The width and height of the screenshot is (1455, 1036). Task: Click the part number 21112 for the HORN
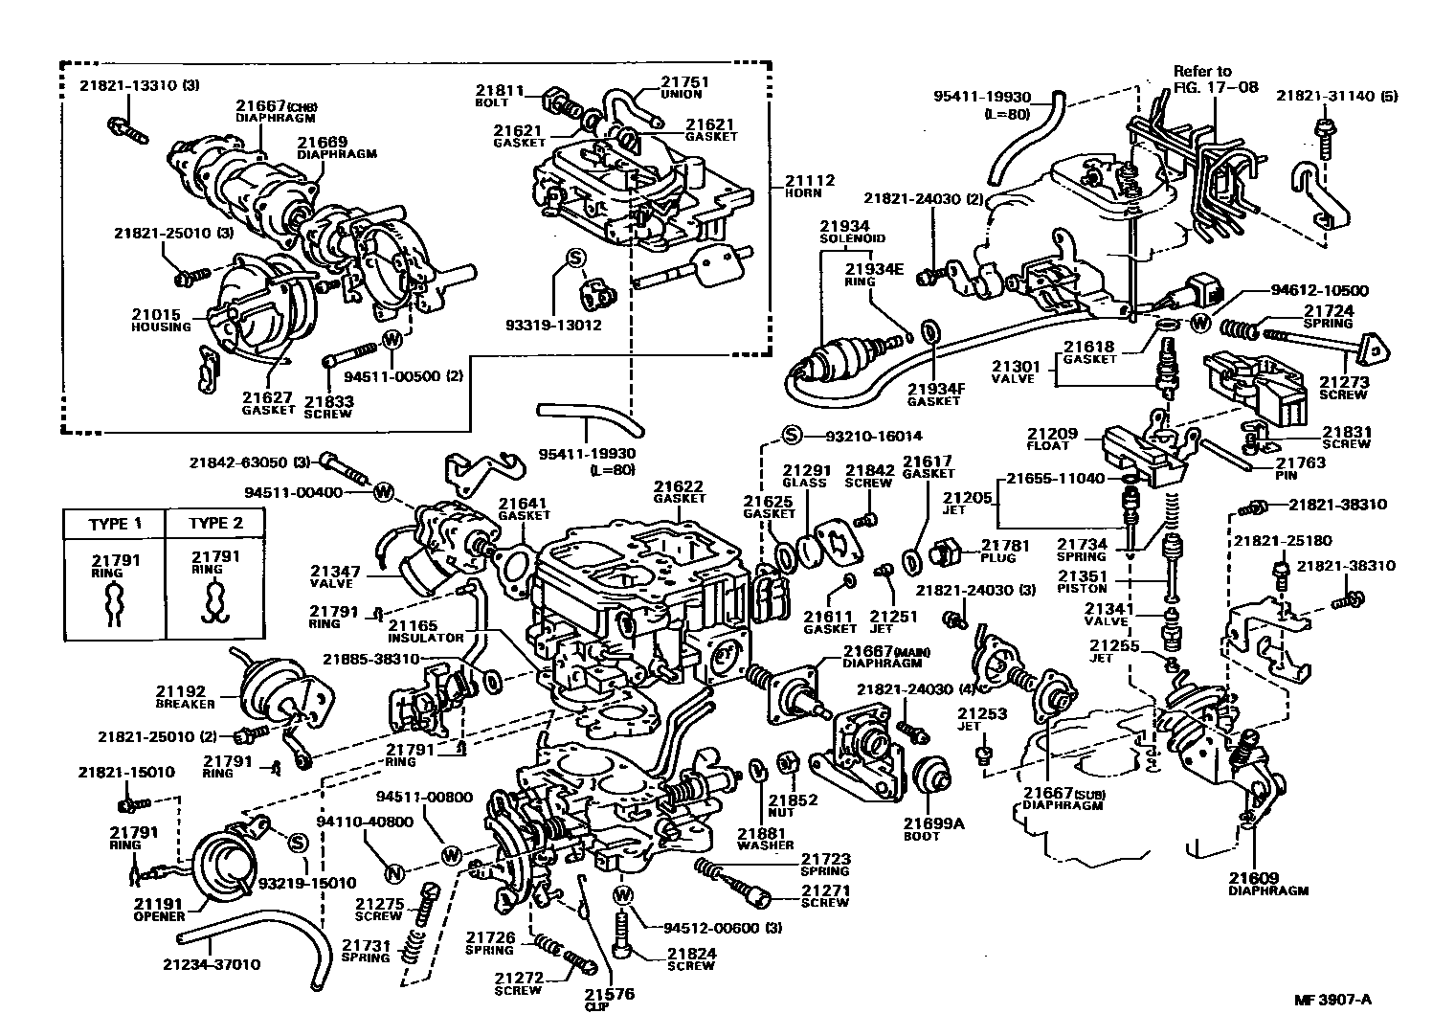pyautogui.click(x=809, y=180)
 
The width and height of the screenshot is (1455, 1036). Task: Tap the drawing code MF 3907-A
pyautogui.click(x=1332, y=1001)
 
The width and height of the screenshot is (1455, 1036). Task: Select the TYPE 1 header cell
pyautogui.click(x=115, y=524)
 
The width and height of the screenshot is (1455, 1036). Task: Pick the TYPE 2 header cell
pyautogui.click(x=215, y=524)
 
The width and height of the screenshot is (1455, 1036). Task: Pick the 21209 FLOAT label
pyautogui.click(x=1051, y=439)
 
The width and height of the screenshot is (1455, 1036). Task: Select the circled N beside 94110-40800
pyautogui.click(x=392, y=872)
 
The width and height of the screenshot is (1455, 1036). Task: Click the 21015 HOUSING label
pyautogui.click(x=161, y=320)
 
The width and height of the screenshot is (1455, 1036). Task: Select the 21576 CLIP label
pyautogui.click(x=608, y=1000)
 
